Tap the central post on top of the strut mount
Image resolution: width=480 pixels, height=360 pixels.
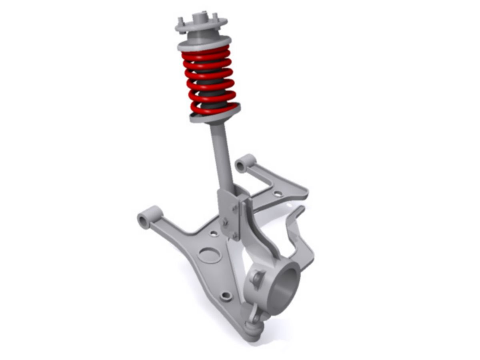[x=200, y=18]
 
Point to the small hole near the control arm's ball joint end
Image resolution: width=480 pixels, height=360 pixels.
[x=226, y=296]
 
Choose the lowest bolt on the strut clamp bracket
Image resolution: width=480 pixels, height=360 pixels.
[x=234, y=236]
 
